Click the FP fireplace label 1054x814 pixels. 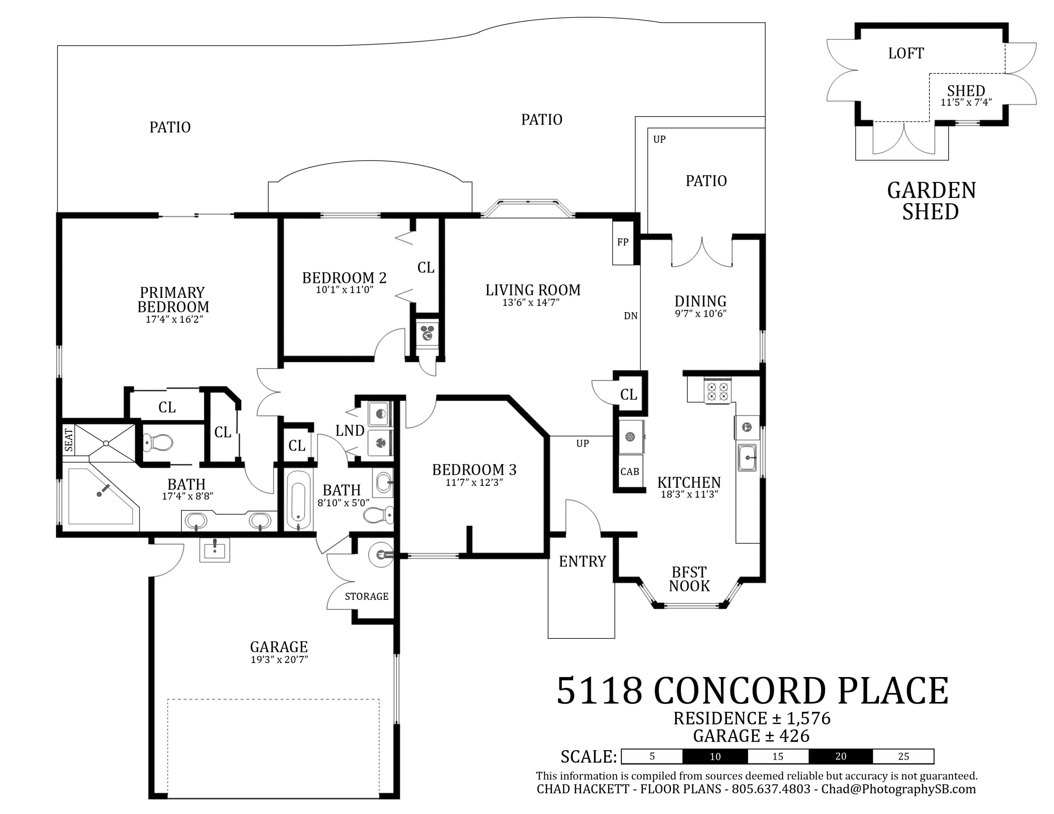coord(623,242)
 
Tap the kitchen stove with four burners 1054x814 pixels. coord(718,390)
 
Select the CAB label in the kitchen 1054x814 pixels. coord(630,472)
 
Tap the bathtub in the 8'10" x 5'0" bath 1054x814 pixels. coord(298,500)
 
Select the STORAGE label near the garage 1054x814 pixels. coord(366,597)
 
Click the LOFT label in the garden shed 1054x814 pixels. coord(906,53)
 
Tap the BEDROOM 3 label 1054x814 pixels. coord(474,470)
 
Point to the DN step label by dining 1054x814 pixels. coord(631,316)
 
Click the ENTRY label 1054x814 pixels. coord(583,561)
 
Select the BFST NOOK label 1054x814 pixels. coord(689,579)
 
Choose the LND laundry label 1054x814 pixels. coord(350,431)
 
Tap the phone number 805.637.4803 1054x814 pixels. coord(771,789)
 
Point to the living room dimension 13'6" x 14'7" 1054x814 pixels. coord(531,303)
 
